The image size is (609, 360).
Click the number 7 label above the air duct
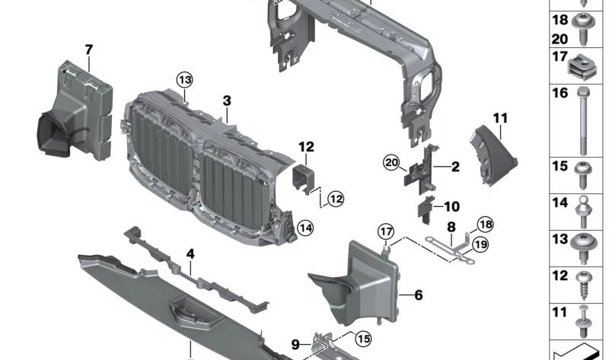coord(89,50)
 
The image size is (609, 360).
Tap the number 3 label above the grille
coord(226,100)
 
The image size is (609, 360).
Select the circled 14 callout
coord(305,227)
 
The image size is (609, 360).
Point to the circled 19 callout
coord(480,244)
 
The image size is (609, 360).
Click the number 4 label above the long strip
coord(190,253)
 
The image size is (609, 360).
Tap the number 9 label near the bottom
coord(297,344)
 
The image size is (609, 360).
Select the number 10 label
coord(451,206)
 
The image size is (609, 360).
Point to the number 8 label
coord(451,226)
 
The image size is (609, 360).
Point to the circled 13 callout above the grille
coord(186,78)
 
